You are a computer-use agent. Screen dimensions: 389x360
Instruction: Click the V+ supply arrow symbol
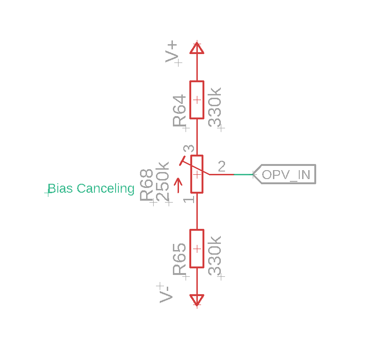tap(197, 48)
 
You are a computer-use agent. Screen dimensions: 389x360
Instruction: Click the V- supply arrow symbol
tap(197, 300)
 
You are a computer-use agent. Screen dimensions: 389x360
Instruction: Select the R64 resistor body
tap(197, 100)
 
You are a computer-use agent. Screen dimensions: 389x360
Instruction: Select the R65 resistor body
tap(197, 249)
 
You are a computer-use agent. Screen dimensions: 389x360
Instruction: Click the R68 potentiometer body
tap(197, 174)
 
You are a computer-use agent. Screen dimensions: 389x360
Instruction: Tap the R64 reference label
tap(179, 110)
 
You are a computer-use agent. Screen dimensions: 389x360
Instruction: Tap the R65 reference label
tap(179, 259)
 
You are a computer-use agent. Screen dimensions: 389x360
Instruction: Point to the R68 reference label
tap(147, 185)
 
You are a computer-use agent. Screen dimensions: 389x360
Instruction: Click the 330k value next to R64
tap(215, 107)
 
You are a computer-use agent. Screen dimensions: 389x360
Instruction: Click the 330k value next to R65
tap(215, 256)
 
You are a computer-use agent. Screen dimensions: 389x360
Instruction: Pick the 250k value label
tap(163, 181)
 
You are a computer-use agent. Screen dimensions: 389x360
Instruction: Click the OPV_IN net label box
tap(284, 174)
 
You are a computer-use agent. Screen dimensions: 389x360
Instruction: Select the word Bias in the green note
tap(60, 188)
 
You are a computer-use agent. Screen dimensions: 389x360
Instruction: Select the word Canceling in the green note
tap(106, 189)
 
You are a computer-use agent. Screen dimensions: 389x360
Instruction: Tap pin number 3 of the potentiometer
tap(189, 149)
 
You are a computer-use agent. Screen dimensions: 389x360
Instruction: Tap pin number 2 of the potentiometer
tap(222, 166)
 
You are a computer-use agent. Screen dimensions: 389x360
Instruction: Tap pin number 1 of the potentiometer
tap(189, 199)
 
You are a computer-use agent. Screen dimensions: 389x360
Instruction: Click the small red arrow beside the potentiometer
tap(178, 185)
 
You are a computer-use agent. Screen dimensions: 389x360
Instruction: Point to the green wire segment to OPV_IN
tap(243, 174)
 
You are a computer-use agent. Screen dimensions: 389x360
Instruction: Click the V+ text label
tap(171, 52)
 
